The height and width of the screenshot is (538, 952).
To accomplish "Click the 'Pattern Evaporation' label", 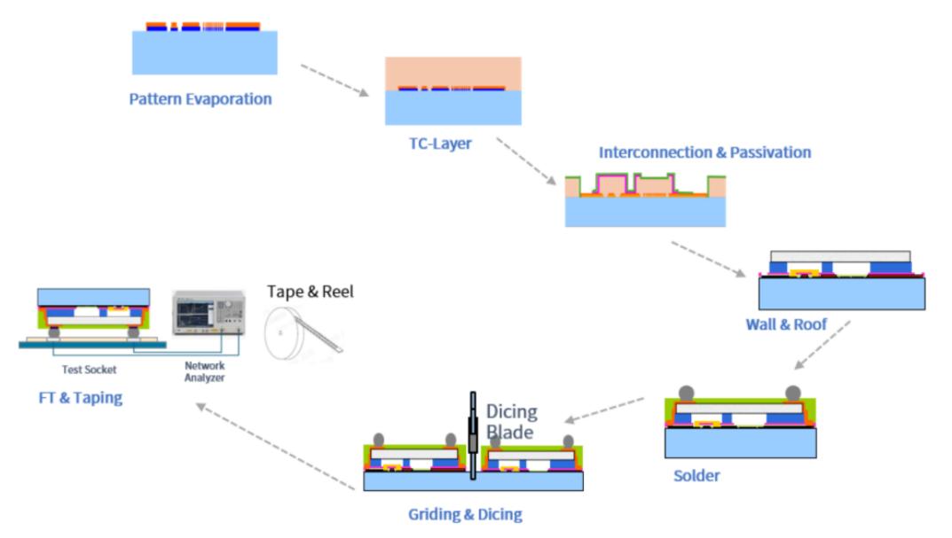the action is coord(201,99).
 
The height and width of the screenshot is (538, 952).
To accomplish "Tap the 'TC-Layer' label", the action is coord(440,144).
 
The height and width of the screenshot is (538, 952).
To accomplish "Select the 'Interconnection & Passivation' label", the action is coord(704,152).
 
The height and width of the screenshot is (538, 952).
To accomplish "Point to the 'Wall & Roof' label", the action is coord(786,324).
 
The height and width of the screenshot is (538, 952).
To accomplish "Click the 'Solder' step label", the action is coord(697,476).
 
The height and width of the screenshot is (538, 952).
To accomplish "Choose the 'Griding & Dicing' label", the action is coord(465,514).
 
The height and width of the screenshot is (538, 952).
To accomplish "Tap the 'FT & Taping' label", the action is coord(80,398).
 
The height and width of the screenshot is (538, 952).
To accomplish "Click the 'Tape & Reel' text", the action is coord(311,292).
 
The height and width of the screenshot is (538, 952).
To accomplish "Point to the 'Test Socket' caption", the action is coord(90,370).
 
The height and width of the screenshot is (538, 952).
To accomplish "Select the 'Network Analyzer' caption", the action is coord(205,371).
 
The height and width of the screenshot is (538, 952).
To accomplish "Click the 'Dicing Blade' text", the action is coord(512,422).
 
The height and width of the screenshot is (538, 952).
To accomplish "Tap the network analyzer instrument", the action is coord(208,313).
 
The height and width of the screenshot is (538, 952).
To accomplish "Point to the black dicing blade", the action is coord(473,435).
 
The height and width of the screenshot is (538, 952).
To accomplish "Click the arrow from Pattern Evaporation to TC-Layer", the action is coord(334,80).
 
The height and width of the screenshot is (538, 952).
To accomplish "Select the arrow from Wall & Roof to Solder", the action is coord(822,345).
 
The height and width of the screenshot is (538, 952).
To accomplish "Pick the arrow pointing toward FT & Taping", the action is coord(275,447).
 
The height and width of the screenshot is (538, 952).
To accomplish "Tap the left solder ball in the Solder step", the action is coord(687,394).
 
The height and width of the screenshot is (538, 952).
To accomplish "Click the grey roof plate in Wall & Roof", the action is coord(840,256).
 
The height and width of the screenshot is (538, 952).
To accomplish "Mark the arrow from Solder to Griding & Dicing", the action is coord(604,410).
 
